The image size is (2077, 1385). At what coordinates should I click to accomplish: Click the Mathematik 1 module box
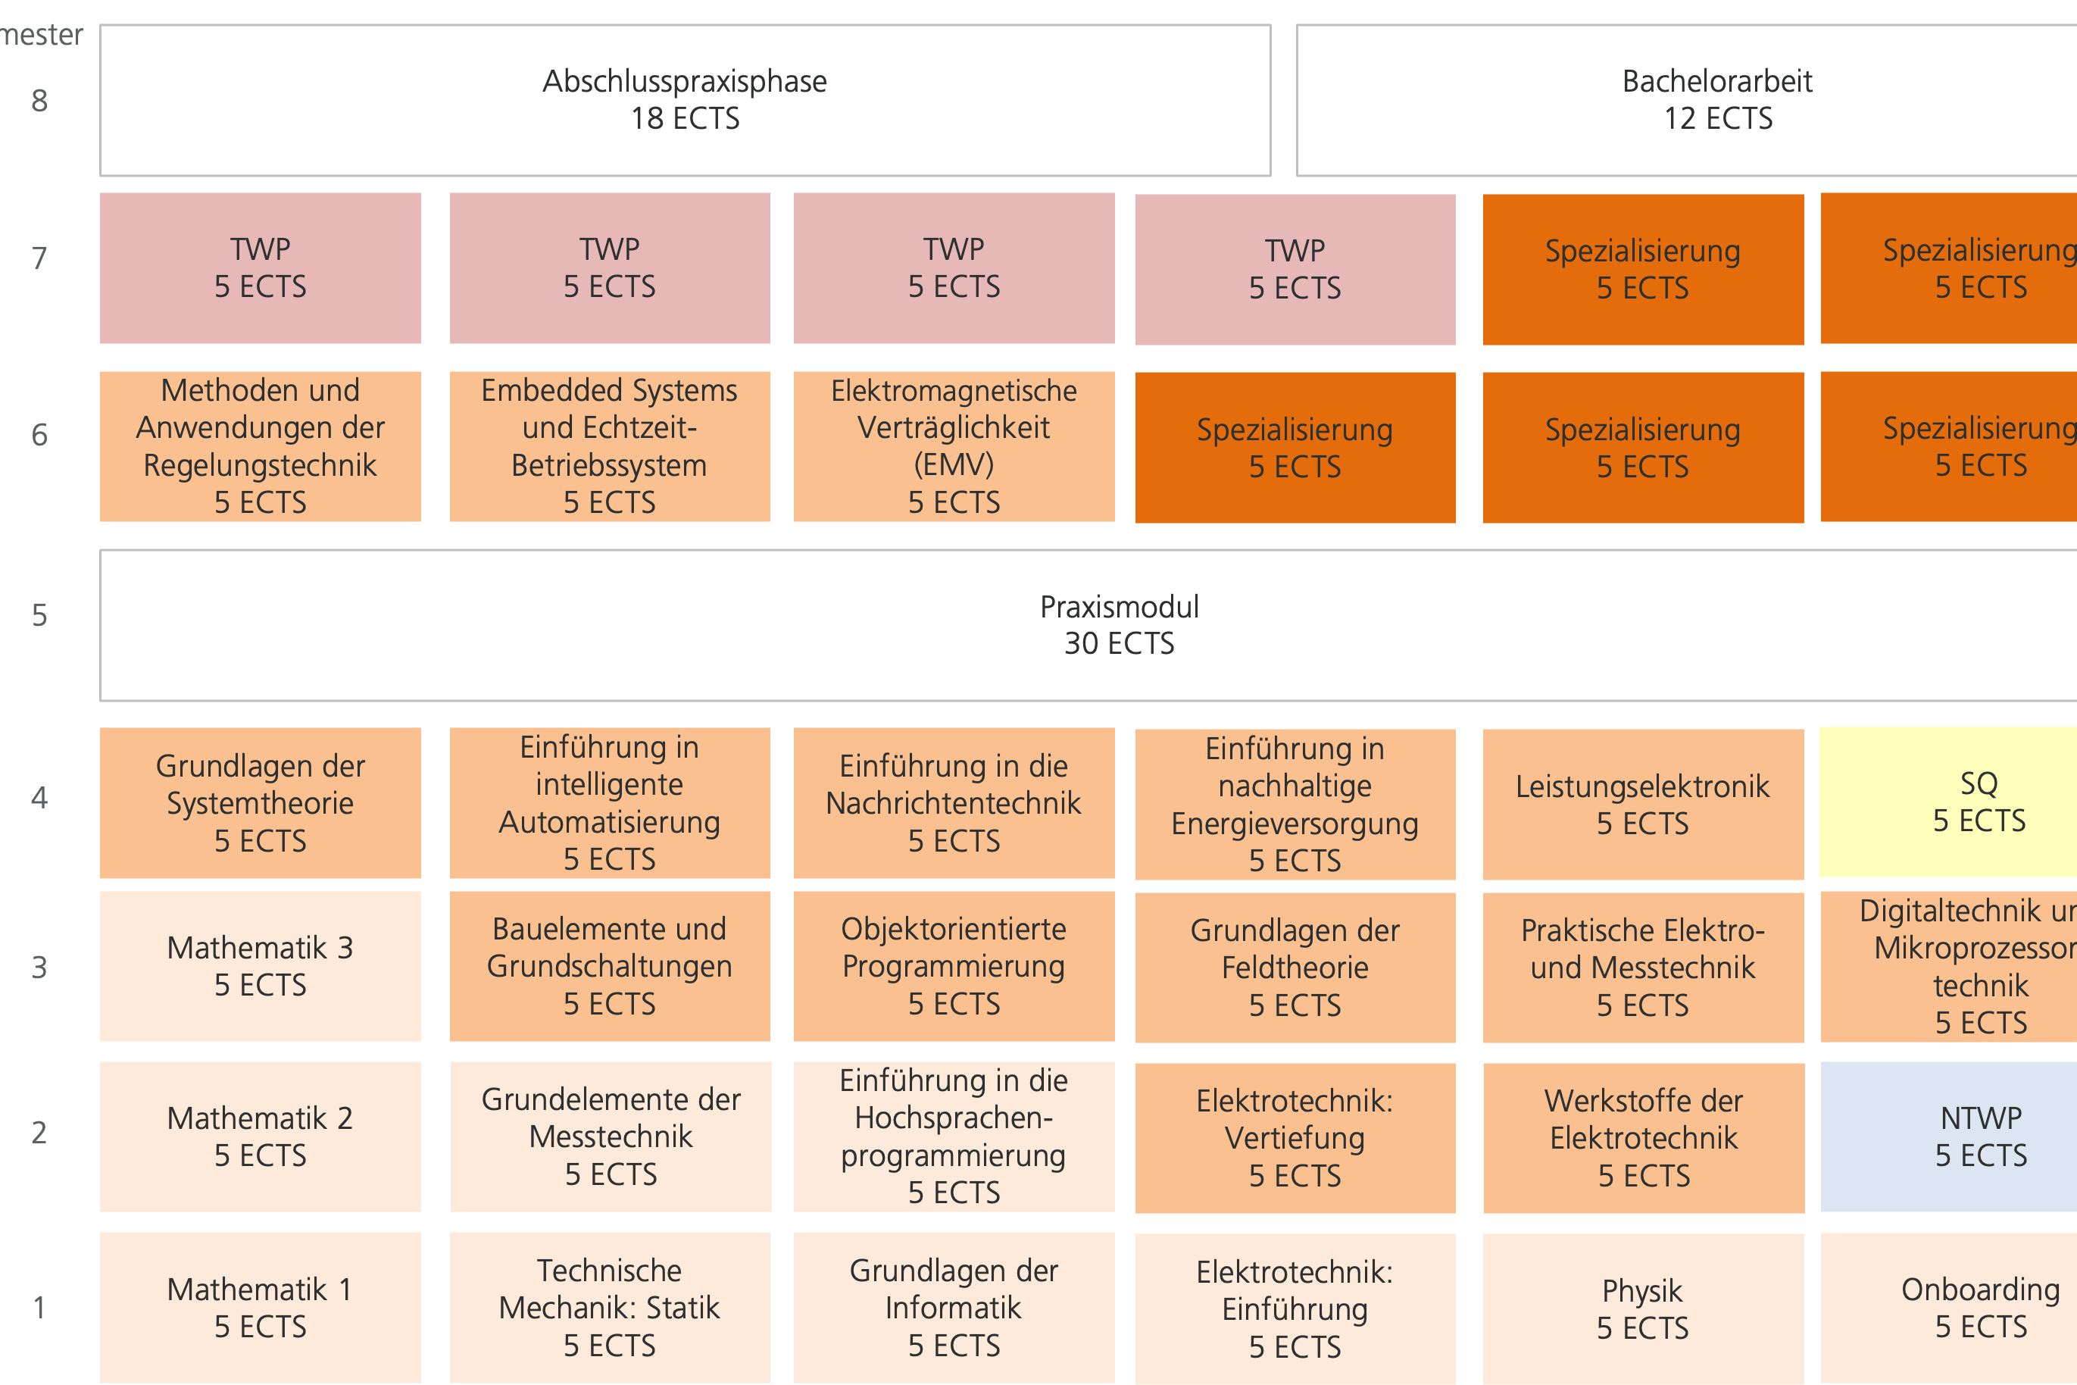pos(260,1307)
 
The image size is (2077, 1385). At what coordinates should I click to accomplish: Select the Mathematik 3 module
pos(260,965)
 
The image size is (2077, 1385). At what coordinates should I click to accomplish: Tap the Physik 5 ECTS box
pos(1642,1308)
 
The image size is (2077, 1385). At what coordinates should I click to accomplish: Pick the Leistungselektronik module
pos(1642,804)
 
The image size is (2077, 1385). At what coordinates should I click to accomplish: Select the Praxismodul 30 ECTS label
pos(1119,624)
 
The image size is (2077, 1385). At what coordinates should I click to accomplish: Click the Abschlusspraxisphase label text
pos(685,81)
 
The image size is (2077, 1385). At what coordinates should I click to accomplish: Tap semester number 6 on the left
pos(39,435)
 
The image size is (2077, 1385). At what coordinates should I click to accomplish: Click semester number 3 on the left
pos(39,968)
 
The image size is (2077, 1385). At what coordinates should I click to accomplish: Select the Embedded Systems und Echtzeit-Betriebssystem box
pos(609,446)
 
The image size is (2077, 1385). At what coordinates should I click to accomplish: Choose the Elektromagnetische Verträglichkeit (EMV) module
pos(954,446)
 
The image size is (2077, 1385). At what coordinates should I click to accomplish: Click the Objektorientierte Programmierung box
pos(954,965)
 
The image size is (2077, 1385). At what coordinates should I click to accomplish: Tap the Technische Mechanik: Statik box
pos(609,1307)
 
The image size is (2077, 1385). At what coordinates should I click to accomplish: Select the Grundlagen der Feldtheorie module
pos(1295,968)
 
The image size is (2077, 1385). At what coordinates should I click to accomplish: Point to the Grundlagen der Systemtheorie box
pos(260,802)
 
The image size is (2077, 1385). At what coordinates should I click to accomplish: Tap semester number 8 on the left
pos(39,101)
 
